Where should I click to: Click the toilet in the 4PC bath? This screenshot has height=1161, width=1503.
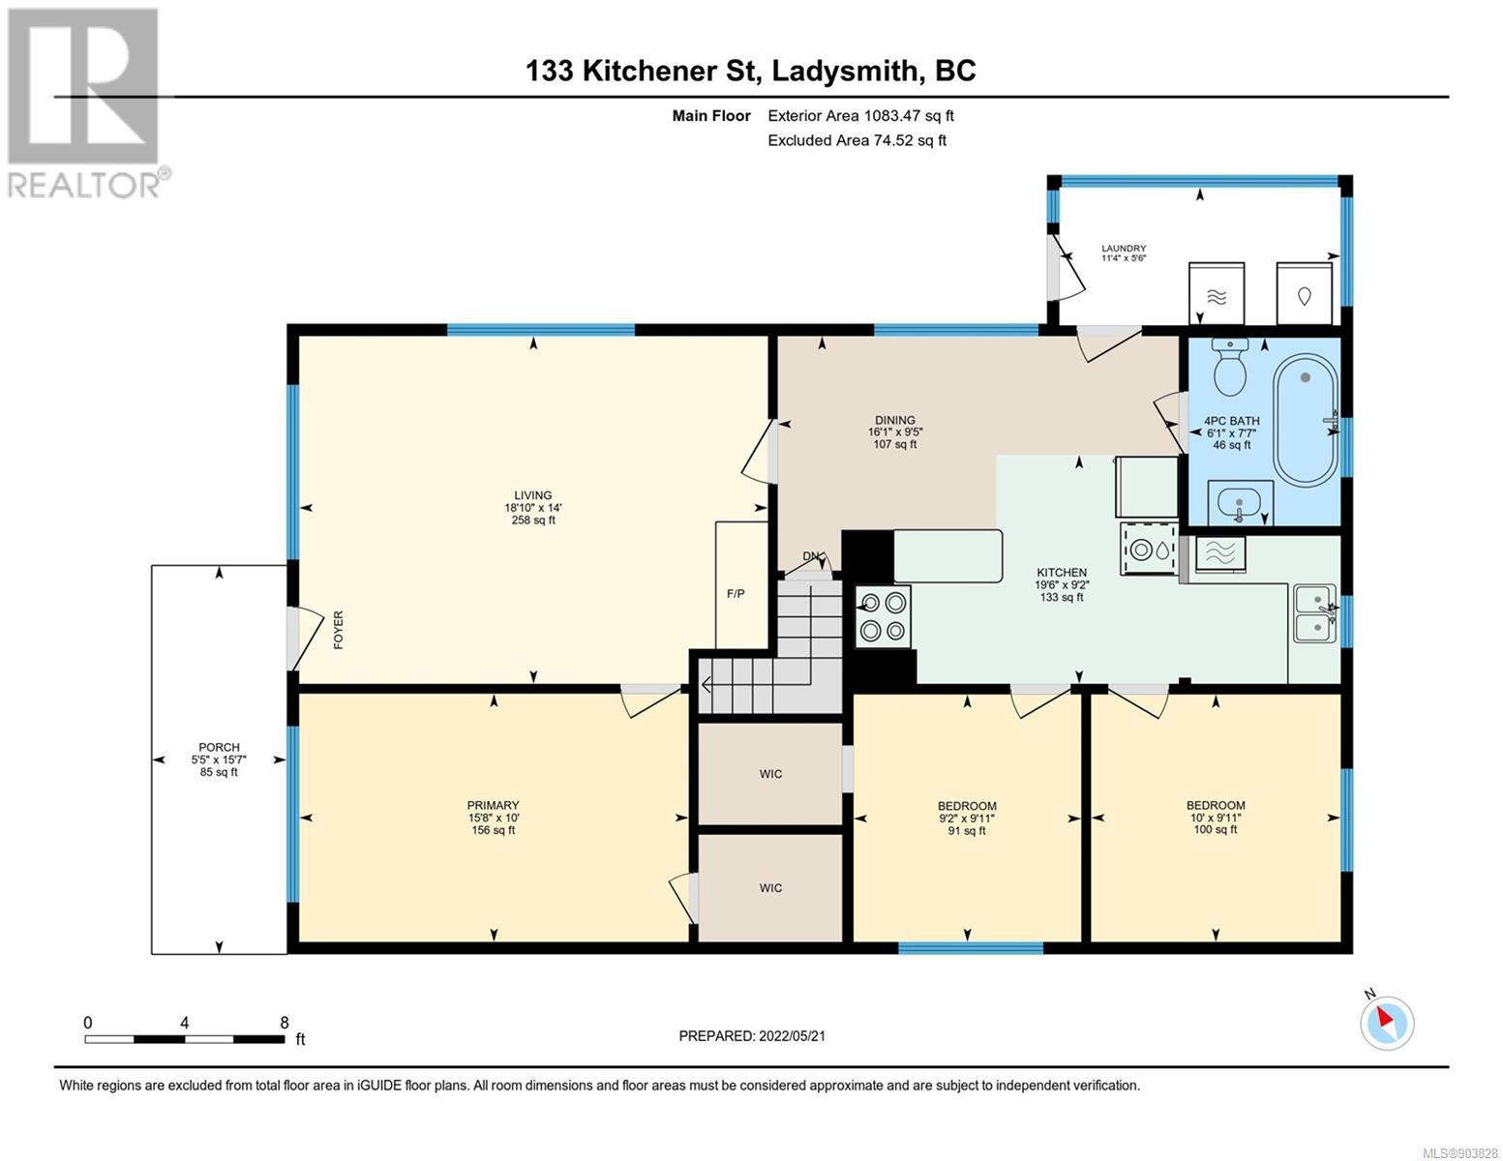[1230, 367]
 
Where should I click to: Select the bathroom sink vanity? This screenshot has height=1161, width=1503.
[1240, 503]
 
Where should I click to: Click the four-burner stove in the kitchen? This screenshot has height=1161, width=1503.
[883, 617]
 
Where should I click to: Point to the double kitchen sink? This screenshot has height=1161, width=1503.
[1315, 613]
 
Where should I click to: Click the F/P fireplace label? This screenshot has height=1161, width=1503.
[736, 593]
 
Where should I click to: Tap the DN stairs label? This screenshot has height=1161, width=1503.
[811, 556]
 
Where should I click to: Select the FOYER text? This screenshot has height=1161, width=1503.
[338, 629]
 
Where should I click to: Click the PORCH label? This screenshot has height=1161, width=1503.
[219, 747]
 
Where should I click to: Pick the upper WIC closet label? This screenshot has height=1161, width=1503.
[770, 774]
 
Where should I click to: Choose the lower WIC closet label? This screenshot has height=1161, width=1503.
[770, 888]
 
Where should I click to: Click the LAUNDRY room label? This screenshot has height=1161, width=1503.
[1124, 249]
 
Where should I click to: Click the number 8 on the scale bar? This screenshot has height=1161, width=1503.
[285, 1022]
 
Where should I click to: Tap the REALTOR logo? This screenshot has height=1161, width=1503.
[86, 104]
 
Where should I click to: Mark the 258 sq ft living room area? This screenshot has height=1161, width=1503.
[532, 520]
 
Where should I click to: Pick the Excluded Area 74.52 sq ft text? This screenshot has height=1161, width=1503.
[857, 140]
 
